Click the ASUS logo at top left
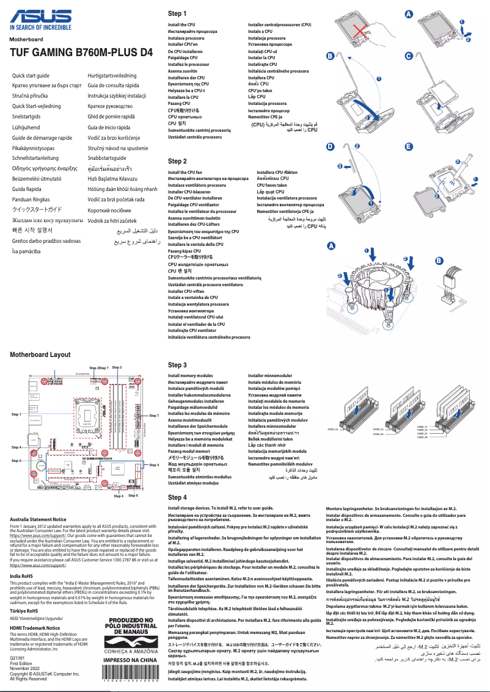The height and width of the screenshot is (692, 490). (x=40, y=19)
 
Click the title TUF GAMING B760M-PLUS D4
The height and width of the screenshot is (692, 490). (x=81, y=52)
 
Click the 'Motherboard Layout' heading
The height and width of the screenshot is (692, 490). (x=40, y=355)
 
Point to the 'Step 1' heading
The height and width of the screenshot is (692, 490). (x=177, y=13)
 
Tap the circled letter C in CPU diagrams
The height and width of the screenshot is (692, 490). (x=409, y=56)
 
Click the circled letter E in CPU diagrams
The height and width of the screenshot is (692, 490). (x=409, y=147)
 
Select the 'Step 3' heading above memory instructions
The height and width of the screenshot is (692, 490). (x=177, y=365)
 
